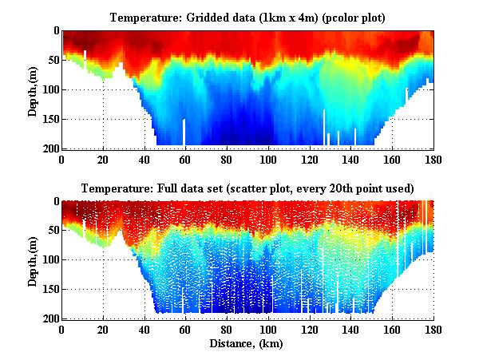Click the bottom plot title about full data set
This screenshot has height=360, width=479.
(x=247, y=189)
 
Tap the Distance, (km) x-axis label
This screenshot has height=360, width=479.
(x=247, y=344)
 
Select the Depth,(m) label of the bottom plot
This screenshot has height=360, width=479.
(x=33, y=260)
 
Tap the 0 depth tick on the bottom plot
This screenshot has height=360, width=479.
(x=54, y=202)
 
